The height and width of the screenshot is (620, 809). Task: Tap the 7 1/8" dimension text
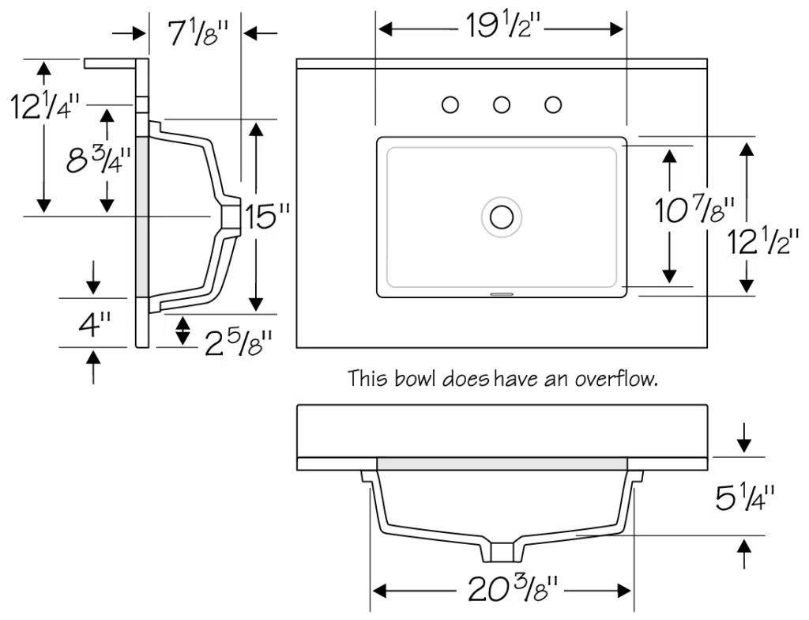[x=197, y=33]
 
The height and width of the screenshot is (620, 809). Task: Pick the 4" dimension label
[x=94, y=324]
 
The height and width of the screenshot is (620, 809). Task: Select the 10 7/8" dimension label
[x=695, y=210]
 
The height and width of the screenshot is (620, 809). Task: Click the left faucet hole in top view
[x=450, y=104]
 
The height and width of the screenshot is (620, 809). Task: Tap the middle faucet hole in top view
[x=502, y=104]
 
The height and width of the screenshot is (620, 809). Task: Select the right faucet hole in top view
[x=553, y=104]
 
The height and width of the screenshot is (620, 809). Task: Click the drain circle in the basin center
[x=502, y=216]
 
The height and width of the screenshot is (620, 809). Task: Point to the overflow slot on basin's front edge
[x=502, y=293]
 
